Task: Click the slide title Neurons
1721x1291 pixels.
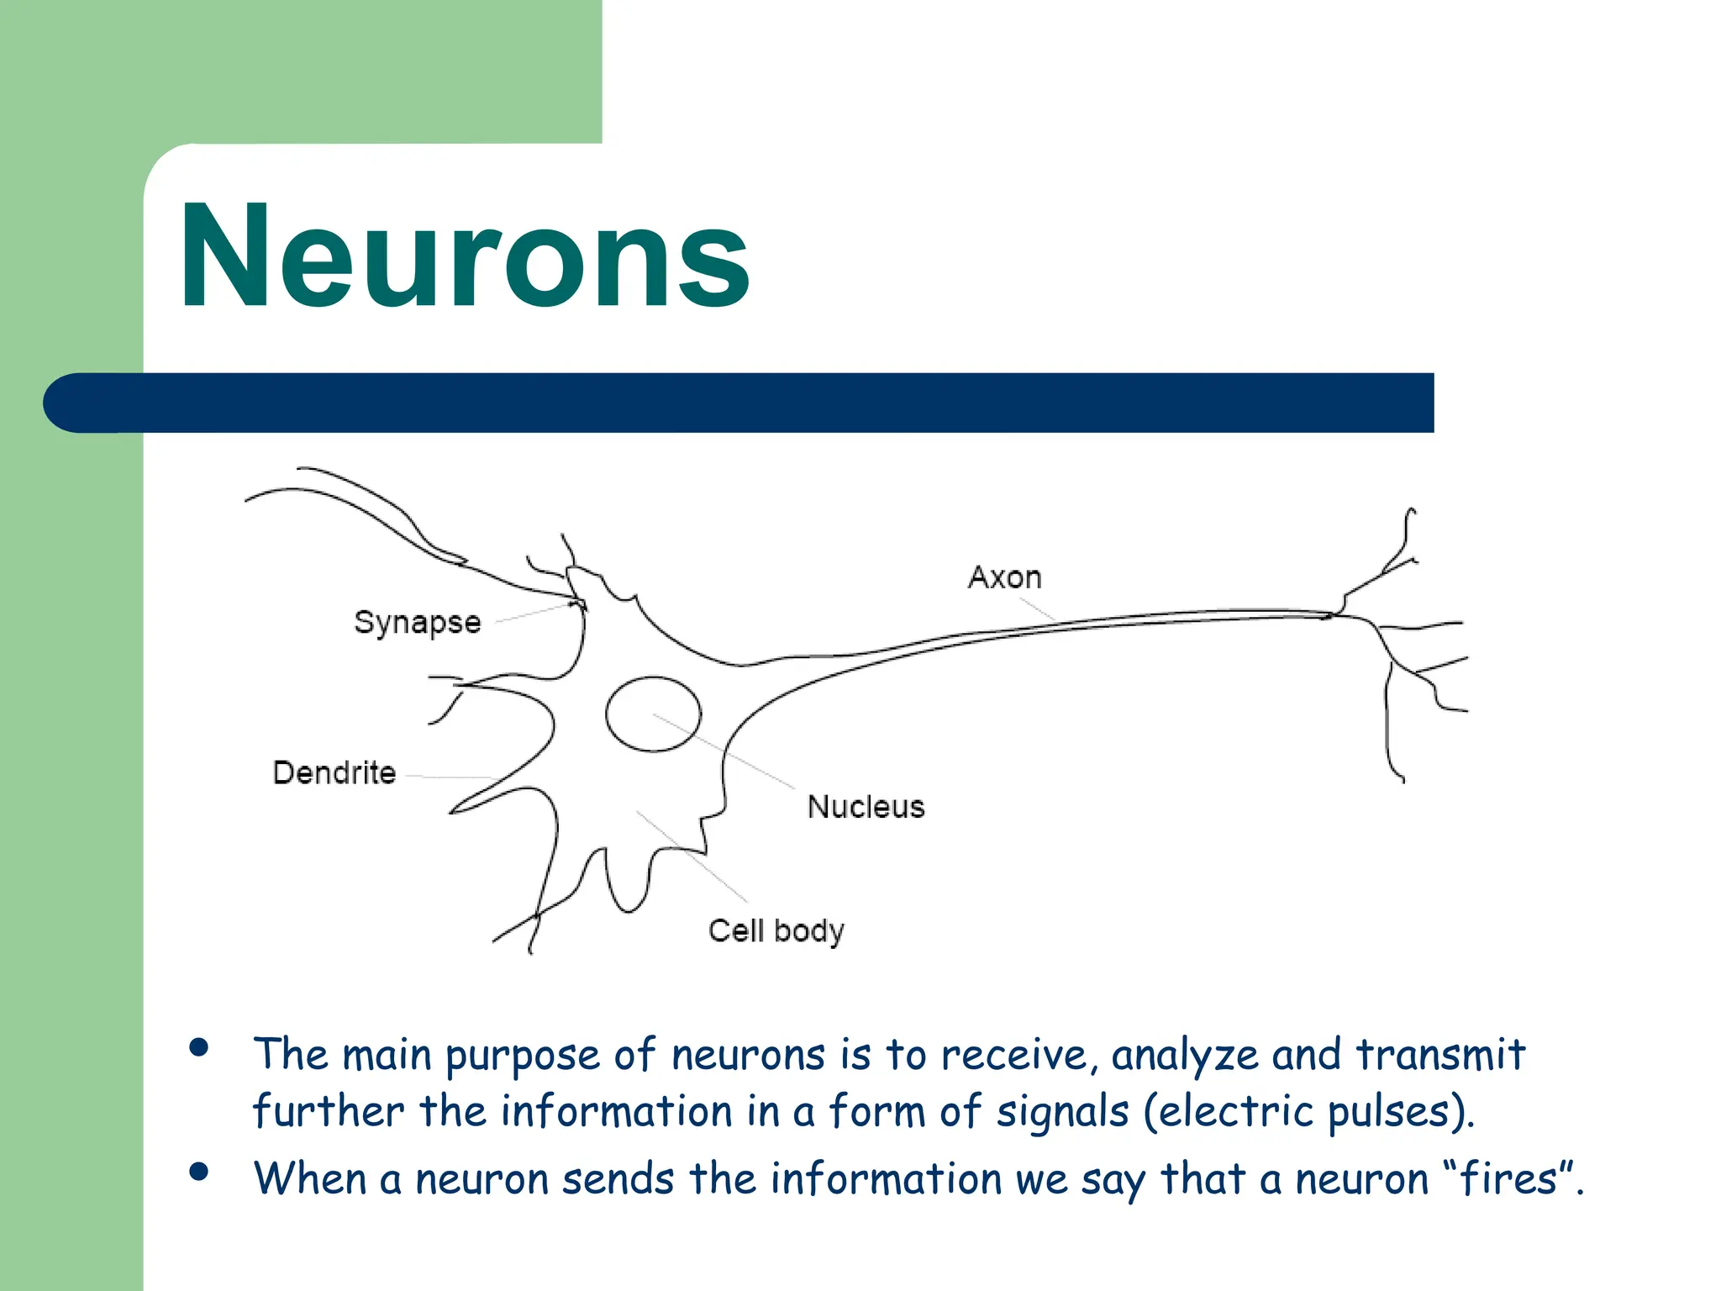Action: pyautogui.click(x=465, y=257)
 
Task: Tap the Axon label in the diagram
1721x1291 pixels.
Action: pyautogui.click(x=1004, y=577)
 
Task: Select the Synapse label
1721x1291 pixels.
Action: pyautogui.click(x=417, y=623)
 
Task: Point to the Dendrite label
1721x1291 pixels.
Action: pyautogui.click(x=334, y=772)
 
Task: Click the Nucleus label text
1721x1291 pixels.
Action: pyautogui.click(x=866, y=807)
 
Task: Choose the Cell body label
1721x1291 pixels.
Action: pyautogui.click(x=776, y=931)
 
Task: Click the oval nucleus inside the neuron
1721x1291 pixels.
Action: pyautogui.click(x=653, y=714)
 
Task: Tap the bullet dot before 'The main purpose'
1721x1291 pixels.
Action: pyautogui.click(x=199, y=1047)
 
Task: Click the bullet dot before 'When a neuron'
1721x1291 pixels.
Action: pyautogui.click(x=199, y=1172)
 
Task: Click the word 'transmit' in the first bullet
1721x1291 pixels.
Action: pyautogui.click(x=1440, y=1055)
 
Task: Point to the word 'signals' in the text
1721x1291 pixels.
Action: pyautogui.click(x=1062, y=1112)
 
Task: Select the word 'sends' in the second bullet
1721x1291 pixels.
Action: pyautogui.click(x=618, y=1178)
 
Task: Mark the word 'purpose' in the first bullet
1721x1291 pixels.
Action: pyautogui.click(x=522, y=1057)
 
